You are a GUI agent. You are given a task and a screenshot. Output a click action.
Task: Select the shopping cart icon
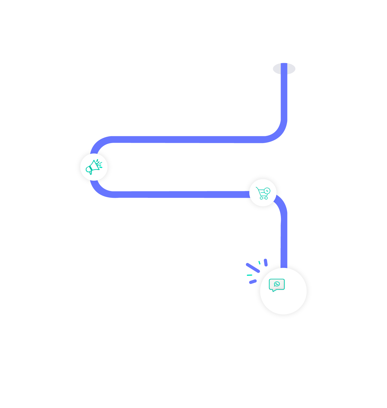262,193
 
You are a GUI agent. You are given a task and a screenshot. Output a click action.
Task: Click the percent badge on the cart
267,191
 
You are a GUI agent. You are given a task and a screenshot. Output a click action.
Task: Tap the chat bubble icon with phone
277,285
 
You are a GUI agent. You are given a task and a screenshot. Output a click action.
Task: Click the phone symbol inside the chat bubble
277,284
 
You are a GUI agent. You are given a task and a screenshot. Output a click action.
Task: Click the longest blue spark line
253,268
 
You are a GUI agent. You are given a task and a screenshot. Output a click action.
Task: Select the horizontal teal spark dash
249,275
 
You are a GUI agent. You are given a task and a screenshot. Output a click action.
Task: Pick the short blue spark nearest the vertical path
266,262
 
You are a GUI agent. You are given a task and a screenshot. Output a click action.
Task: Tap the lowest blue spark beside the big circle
253,282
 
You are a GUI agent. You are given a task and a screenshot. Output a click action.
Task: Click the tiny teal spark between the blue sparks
259,262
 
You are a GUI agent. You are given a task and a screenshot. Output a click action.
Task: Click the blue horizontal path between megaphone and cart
176,194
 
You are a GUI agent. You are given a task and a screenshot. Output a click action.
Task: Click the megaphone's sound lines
100,164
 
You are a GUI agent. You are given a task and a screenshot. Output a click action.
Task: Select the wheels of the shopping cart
264,198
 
